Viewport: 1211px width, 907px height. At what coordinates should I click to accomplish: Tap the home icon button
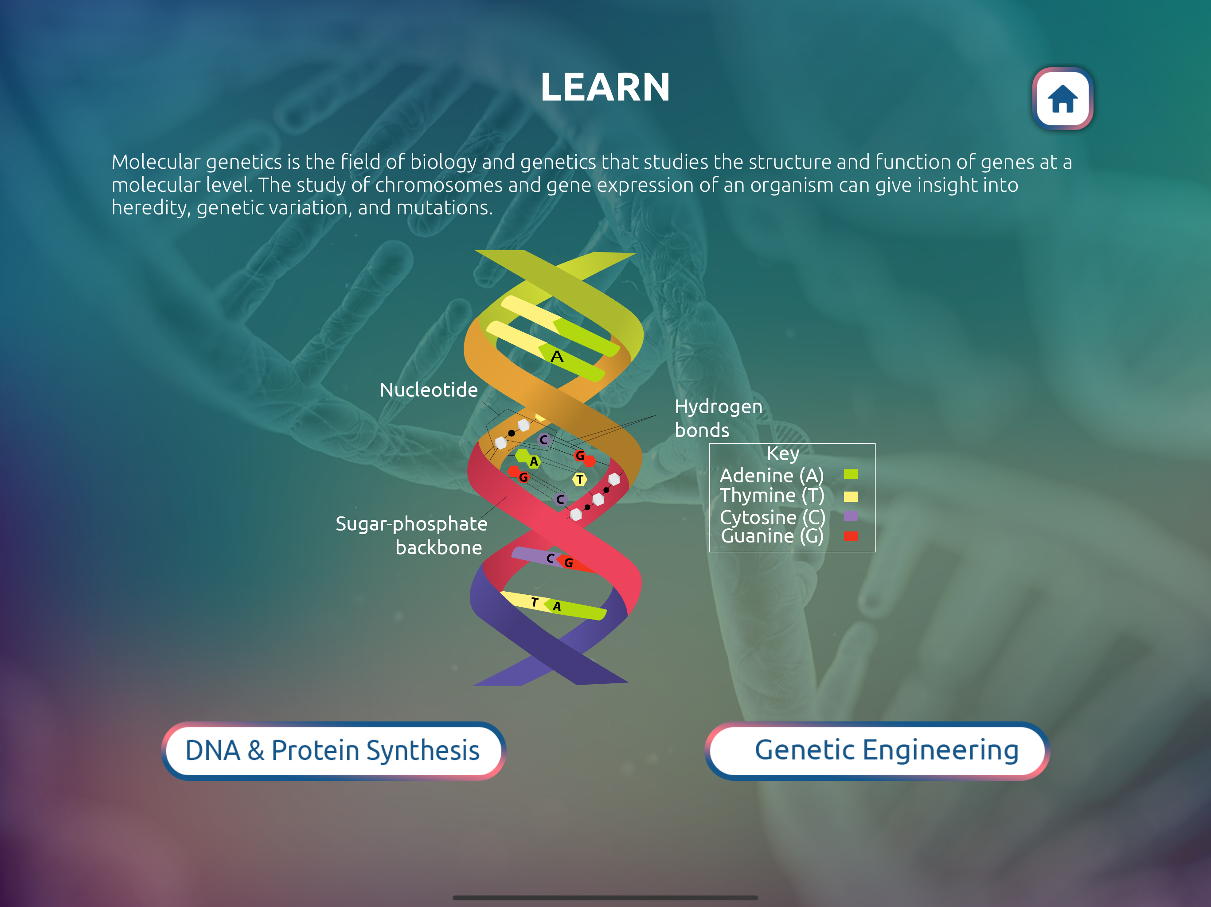(1062, 98)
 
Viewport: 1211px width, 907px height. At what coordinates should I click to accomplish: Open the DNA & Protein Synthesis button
(333, 751)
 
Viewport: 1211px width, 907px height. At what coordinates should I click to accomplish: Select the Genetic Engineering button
(877, 751)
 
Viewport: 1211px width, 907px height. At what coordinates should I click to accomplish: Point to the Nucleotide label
(429, 390)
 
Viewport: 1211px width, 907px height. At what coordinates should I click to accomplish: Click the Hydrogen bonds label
(718, 418)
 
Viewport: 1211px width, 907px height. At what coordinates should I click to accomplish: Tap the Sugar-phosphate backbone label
(411, 535)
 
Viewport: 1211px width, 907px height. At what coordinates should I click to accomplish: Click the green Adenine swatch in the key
(850, 474)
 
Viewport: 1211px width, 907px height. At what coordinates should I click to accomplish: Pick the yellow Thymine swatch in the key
(850, 496)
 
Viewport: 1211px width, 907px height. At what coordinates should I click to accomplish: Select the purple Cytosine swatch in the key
(850, 516)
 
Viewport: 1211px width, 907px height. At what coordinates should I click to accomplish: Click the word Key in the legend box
(783, 454)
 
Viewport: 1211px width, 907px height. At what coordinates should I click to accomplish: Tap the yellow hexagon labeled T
(580, 480)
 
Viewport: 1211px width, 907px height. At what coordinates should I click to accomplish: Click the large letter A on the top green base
(557, 357)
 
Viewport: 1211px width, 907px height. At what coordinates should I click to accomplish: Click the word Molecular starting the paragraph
(156, 162)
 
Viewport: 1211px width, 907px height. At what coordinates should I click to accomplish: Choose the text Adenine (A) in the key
(771, 475)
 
